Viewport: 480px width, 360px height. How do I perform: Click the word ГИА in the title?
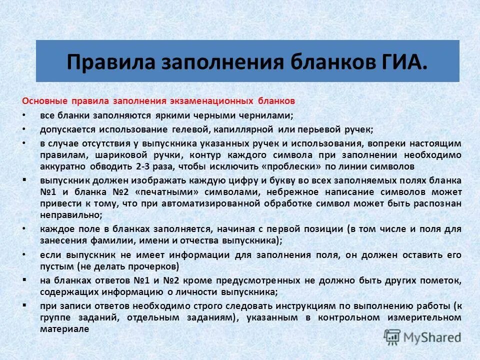pyautogui.click(x=403, y=62)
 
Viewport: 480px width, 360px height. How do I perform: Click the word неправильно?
pyautogui.click(x=70, y=214)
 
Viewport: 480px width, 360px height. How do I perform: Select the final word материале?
pyautogui.click(x=64, y=329)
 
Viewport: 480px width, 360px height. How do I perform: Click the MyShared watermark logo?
pyautogui.click(x=422, y=337)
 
